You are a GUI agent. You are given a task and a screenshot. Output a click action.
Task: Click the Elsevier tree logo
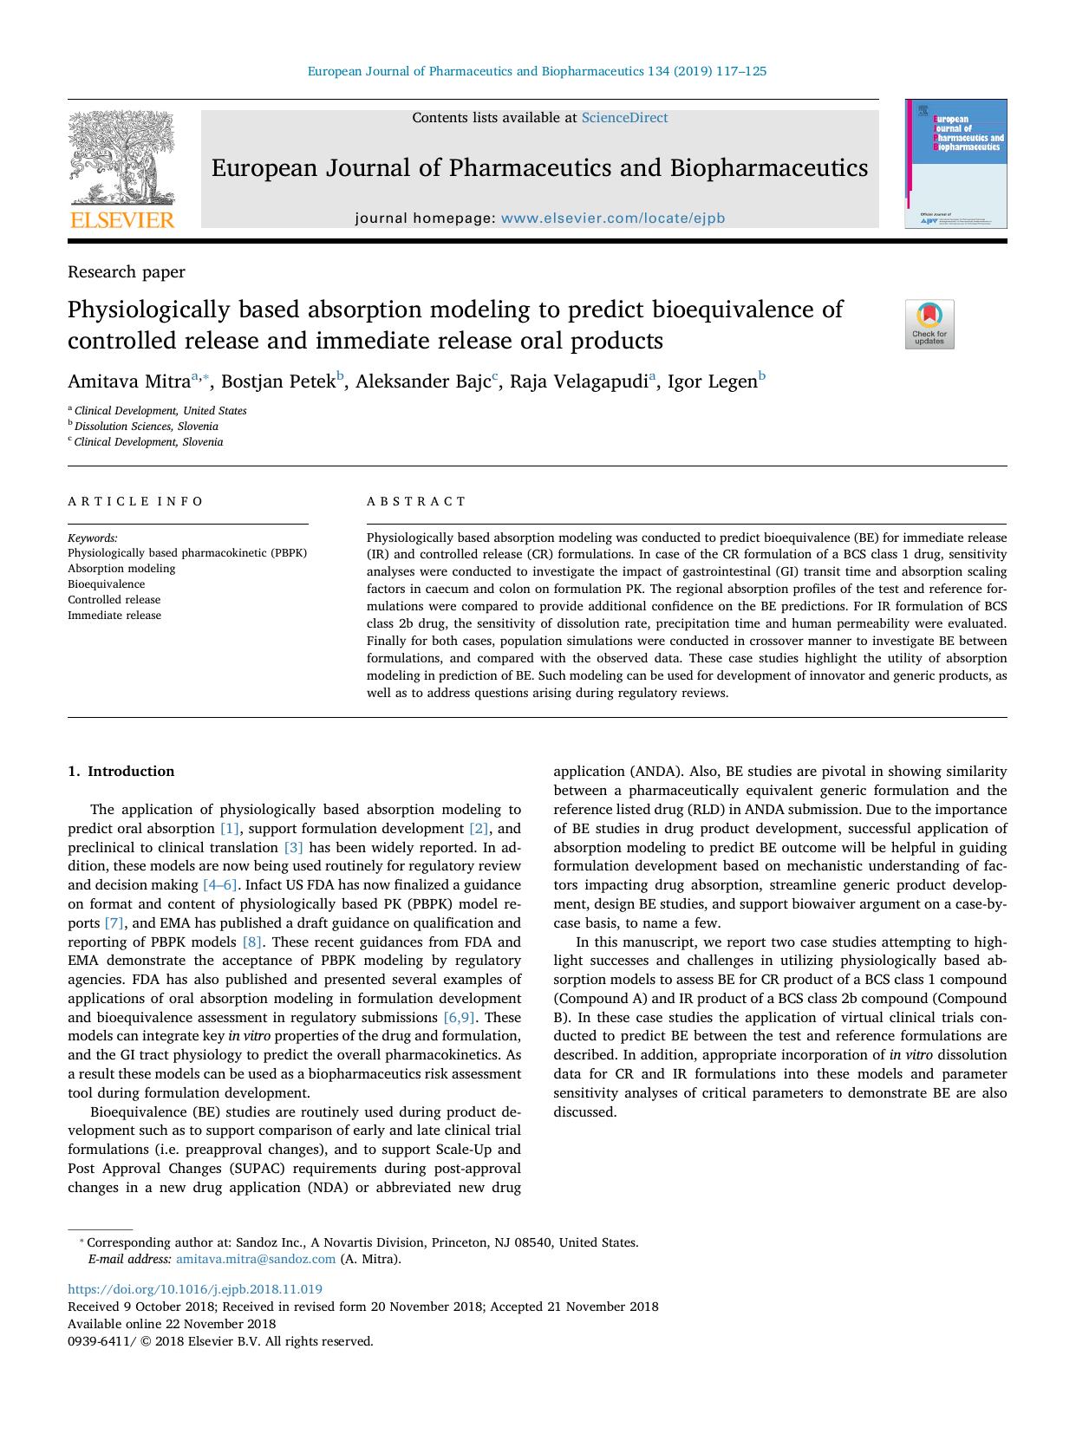(x=121, y=158)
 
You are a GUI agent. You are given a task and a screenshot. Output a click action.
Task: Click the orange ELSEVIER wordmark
(x=121, y=220)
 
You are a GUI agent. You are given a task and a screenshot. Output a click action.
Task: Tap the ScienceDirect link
(x=624, y=118)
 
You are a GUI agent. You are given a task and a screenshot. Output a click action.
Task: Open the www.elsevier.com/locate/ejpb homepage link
(x=613, y=218)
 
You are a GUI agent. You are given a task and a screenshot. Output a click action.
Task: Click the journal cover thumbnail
(x=956, y=164)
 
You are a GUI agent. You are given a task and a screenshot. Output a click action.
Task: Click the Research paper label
(x=127, y=272)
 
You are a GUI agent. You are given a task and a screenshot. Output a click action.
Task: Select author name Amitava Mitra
(x=129, y=381)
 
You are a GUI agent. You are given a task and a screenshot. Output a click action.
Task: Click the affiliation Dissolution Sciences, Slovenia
(x=146, y=427)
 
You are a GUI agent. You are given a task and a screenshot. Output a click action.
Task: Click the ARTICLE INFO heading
(x=136, y=501)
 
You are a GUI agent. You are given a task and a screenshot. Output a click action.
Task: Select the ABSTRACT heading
(x=416, y=501)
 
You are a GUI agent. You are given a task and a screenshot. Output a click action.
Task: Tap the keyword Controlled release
(x=114, y=600)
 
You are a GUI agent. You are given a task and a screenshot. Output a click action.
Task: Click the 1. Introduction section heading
(x=121, y=772)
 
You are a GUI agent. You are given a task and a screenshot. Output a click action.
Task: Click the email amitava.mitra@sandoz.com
(x=256, y=1260)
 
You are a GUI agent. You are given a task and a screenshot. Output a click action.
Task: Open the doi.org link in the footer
(x=195, y=1289)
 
